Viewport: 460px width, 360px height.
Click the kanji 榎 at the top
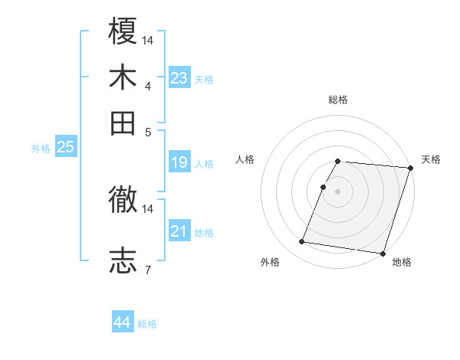pyautogui.click(x=123, y=33)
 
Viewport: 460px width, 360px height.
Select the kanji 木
pyautogui.click(x=123, y=77)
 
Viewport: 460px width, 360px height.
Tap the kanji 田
pyautogui.click(x=123, y=121)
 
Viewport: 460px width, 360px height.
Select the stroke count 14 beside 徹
pyautogui.click(x=149, y=208)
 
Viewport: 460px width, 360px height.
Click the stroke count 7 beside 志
pyautogui.click(x=148, y=269)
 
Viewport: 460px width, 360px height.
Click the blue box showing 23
pyautogui.click(x=179, y=78)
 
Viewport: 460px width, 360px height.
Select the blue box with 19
pyautogui.click(x=179, y=162)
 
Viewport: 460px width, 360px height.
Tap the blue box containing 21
pyautogui.click(x=179, y=231)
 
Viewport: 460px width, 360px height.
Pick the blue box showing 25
pyautogui.click(x=65, y=147)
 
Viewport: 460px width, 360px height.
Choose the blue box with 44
pyautogui.click(x=122, y=322)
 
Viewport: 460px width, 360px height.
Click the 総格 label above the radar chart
pyautogui.click(x=338, y=100)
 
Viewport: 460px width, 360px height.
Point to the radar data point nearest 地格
pyautogui.click(x=382, y=253)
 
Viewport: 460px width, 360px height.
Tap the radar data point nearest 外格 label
pyautogui.click(x=302, y=242)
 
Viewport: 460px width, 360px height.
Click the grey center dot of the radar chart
pyautogui.click(x=338, y=191)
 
